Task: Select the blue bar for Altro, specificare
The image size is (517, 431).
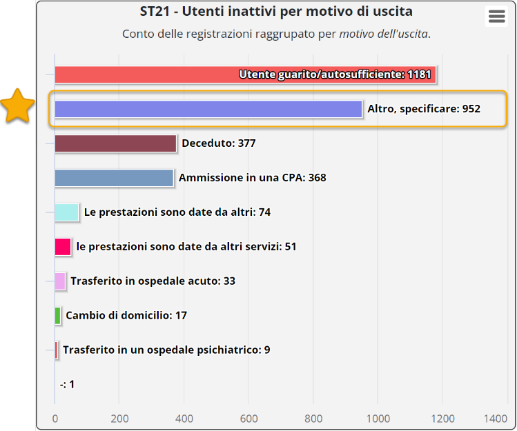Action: click(208, 109)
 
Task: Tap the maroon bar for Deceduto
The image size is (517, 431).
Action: click(115, 143)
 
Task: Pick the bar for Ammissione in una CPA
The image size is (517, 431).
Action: click(114, 178)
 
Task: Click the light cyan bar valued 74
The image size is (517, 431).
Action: click(67, 212)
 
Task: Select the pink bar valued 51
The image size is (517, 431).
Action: click(63, 247)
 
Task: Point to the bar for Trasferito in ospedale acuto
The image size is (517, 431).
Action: click(60, 281)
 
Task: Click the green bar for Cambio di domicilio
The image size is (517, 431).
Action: click(58, 316)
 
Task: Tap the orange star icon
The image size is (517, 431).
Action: click(17, 107)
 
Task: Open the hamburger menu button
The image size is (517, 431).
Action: click(496, 17)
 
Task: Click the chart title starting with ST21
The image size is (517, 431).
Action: click(276, 12)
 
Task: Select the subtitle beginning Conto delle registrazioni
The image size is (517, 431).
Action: click(276, 34)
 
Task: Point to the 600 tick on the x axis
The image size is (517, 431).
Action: click(249, 418)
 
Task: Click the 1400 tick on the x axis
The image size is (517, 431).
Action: click(496, 418)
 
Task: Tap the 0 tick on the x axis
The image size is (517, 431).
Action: click(55, 418)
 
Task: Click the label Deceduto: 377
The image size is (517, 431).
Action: click(218, 143)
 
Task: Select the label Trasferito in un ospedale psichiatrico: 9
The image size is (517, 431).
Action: click(166, 350)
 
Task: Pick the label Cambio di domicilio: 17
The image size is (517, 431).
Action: click(126, 316)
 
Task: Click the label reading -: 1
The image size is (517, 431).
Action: click(67, 385)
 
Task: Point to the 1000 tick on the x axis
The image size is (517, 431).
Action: click(378, 418)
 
